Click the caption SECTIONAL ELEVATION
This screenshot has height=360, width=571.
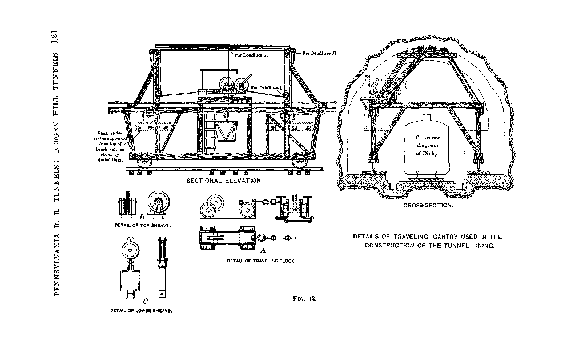tap(225, 180)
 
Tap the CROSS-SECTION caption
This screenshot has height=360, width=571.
tap(428, 205)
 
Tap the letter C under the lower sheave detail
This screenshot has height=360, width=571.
tap(146, 301)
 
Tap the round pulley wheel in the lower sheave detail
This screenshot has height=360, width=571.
tap(130, 249)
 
